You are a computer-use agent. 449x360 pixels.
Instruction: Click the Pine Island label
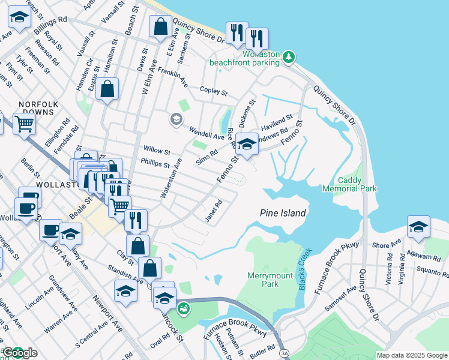pos(283,213)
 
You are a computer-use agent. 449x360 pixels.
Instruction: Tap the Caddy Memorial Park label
pos(358,184)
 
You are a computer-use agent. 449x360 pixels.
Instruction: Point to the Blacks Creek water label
pos(303,269)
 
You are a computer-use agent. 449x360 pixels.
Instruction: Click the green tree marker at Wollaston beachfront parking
pos(290,56)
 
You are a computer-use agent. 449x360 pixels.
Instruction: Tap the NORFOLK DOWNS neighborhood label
pos(38,109)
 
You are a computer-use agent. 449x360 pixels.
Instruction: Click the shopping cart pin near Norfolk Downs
pos(23,124)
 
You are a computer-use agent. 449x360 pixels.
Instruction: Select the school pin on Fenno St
pos(246,144)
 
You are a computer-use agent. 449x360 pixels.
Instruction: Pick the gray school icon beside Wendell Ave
pos(176,118)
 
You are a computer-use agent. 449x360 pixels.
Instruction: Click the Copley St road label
pos(214,91)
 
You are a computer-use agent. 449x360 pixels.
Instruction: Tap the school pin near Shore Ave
pos(418,227)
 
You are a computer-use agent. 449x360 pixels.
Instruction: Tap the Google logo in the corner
pos(20,353)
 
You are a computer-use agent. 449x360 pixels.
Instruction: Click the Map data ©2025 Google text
pos(411,355)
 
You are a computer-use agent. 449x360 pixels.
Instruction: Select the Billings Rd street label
pos(51,25)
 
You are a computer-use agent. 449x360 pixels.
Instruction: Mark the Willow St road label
pos(157,150)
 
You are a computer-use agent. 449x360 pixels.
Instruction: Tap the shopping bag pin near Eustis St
pos(107,89)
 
